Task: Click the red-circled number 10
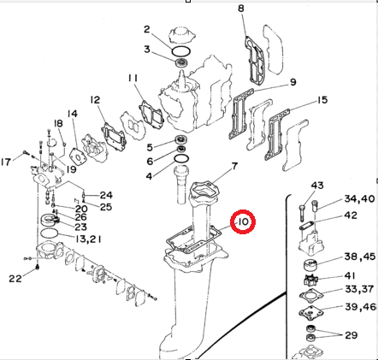(x=244, y=224)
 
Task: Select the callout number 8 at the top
(x=241, y=9)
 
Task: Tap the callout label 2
(x=146, y=30)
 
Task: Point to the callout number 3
(x=146, y=50)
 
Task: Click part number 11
(x=133, y=80)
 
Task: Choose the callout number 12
(x=95, y=100)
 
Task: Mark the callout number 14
(x=73, y=114)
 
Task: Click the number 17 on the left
(x=6, y=162)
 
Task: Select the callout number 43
(x=316, y=186)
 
